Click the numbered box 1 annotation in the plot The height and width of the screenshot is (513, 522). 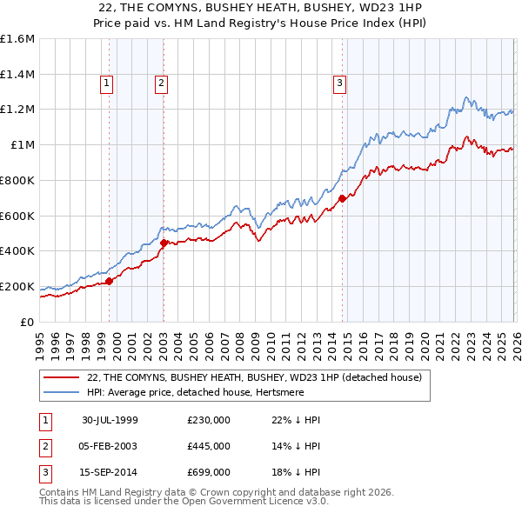[106, 83]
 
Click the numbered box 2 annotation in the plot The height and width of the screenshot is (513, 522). [162, 83]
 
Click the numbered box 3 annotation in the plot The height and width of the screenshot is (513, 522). [338, 83]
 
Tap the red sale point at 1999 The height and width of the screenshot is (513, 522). [110, 281]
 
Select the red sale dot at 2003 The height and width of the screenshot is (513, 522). [164, 243]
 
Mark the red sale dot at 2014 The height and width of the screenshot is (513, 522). [342, 198]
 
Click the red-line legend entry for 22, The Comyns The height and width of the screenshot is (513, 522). [254, 377]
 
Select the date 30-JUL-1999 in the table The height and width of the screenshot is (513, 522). [110, 420]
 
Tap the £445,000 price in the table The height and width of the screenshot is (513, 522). [209, 446]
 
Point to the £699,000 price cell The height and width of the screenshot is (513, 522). [209, 472]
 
